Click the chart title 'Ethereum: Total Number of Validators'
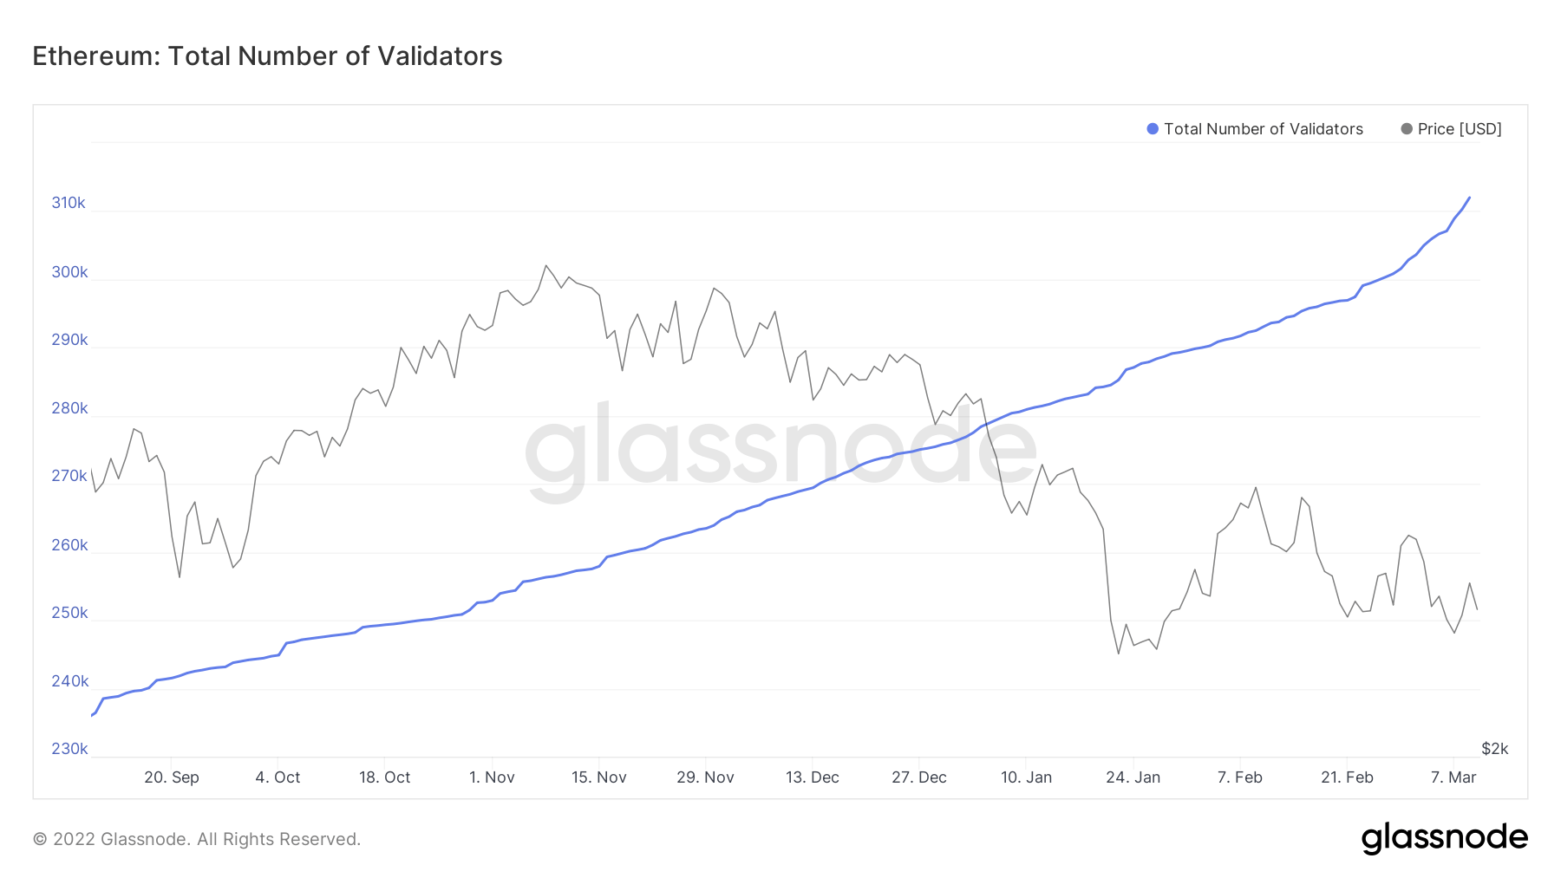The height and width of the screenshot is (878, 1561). (x=267, y=56)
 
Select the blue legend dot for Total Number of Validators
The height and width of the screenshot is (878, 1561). (x=1153, y=129)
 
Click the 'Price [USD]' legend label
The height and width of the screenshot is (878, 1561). (x=1460, y=129)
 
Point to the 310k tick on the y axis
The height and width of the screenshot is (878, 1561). (x=69, y=203)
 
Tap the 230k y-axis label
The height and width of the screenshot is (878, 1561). (x=69, y=749)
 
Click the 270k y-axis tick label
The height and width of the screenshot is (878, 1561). (x=69, y=476)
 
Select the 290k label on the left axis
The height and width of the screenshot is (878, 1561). (x=69, y=340)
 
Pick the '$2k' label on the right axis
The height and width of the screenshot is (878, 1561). (x=1495, y=749)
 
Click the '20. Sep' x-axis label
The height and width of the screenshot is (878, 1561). (x=172, y=777)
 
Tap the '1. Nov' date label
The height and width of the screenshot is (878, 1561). (x=492, y=777)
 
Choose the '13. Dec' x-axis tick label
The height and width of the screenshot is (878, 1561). (x=813, y=777)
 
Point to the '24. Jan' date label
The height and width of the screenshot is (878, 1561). (x=1133, y=777)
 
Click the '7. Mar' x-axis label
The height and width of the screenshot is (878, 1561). (x=1453, y=777)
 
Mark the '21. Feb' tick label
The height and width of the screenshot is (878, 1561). (x=1347, y=777)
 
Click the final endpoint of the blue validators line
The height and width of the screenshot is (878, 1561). (x=1469, y=198)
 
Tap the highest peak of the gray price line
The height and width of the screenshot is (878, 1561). (x=545, y=265)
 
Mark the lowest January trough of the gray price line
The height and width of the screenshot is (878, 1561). (x=1119, y=654)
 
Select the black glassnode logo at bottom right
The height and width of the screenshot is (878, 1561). (x=1445, y=838)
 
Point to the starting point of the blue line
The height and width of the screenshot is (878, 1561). (x=91, y=716)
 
